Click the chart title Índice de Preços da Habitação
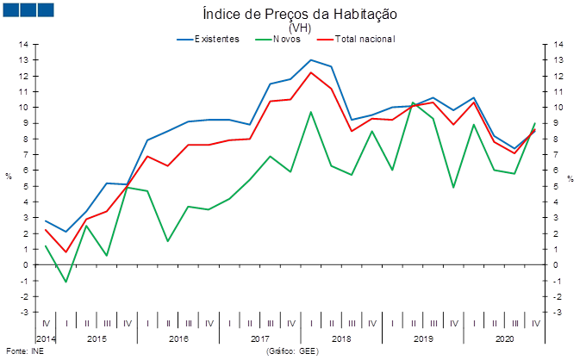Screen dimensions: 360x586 click(x=299, y=15)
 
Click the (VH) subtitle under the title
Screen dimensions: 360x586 click(x=299, y=28)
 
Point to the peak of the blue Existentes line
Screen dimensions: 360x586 click(x=311, y=59)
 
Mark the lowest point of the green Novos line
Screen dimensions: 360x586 click(x=65, y=282)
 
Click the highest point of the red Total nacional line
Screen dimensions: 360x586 click(x=311, y=72)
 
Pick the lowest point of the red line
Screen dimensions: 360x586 click(x=65, y=252)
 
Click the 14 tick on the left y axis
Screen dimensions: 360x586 click(x=24, y=44)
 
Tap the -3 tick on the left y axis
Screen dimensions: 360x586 click(x=24, y=312)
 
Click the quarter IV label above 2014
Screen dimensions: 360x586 click(x=46, y=324)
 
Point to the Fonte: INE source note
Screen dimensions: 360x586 click(x=24, y=351)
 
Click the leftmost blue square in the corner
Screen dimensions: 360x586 click(x=11, y=9)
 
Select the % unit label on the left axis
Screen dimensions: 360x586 click(x=9, y=177)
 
